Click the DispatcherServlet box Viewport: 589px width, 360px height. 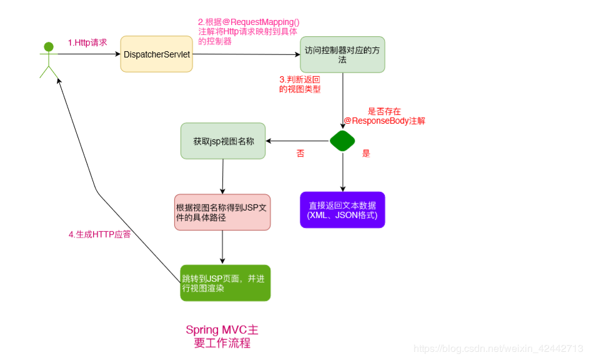click(156, 54)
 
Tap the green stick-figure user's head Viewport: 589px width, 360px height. click(49, 46)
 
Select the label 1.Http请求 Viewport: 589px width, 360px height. click(87, 43)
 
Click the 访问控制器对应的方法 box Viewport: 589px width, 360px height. click(342, 54)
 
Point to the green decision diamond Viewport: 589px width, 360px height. click(342, 141)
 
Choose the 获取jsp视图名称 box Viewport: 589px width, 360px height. click(223, 141)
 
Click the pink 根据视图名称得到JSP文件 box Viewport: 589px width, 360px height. click(222, 212)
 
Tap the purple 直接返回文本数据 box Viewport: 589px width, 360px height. click(342, 210)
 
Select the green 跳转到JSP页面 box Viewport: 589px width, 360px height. click(225, 283)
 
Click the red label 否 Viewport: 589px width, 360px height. click(300, 153)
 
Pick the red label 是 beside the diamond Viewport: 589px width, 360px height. click(366, 153)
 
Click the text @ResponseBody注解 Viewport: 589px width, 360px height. click(384, 121)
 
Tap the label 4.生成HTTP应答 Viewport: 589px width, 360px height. click(99, 234)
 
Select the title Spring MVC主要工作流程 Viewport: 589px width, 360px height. click(222, 336)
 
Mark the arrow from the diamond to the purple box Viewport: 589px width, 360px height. click(342, 172)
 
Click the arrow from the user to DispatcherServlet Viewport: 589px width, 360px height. click(87, 54)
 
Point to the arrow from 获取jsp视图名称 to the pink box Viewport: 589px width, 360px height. click(223, 176)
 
